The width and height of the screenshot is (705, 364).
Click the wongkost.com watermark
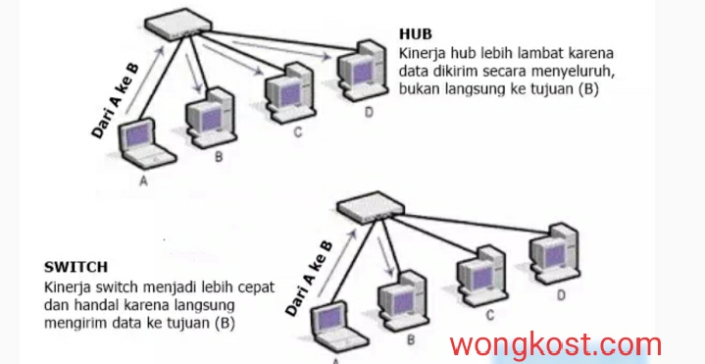tap(556, 343)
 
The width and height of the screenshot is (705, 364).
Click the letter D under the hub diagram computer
tap(369, 114)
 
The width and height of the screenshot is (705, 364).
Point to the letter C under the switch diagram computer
tap(487, 315)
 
